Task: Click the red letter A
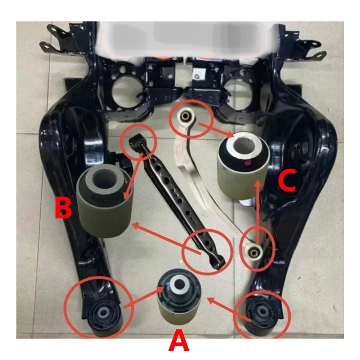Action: [x=179, y=341]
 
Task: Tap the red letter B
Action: [x=63, y=208]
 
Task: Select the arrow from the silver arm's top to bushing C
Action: [x=216, y=130]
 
